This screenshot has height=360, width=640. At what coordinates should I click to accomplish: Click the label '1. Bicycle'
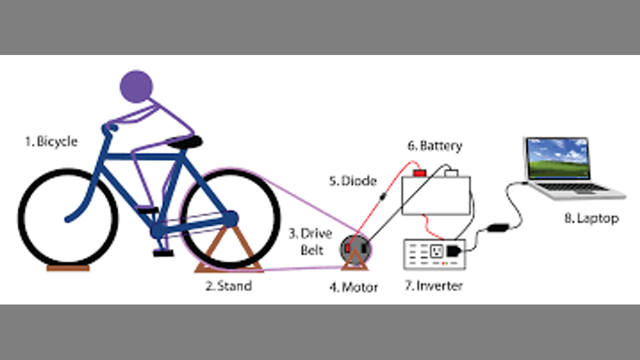coord(51,141)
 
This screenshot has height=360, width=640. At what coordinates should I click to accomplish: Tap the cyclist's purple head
coord(136,86)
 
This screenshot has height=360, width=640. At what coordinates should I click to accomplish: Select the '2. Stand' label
coord(228,286)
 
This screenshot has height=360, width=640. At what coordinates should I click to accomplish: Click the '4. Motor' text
coord(353,287)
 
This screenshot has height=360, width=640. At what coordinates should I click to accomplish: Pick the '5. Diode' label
coord(352,181)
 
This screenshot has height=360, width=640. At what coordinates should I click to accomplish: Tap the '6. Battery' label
coord(434,146)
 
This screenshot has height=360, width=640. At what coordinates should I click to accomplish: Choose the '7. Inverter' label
coord(433,286)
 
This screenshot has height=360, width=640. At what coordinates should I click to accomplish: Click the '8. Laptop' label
coord(591,218)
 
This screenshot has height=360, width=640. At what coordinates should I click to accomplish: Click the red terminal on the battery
coord(419,173)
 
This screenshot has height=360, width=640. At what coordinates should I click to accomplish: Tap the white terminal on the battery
coord(451,173)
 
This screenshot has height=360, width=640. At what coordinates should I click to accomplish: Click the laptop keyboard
coord(575,187)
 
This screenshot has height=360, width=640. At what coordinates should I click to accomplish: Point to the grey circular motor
coord(355,248)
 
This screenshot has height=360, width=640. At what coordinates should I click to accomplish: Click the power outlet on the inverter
coord(436,251)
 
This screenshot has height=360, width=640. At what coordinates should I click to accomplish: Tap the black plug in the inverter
coord(453,250)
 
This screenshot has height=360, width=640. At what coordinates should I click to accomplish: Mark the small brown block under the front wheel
coord(68,268)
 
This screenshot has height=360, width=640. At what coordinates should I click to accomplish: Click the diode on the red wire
coord(382,197)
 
